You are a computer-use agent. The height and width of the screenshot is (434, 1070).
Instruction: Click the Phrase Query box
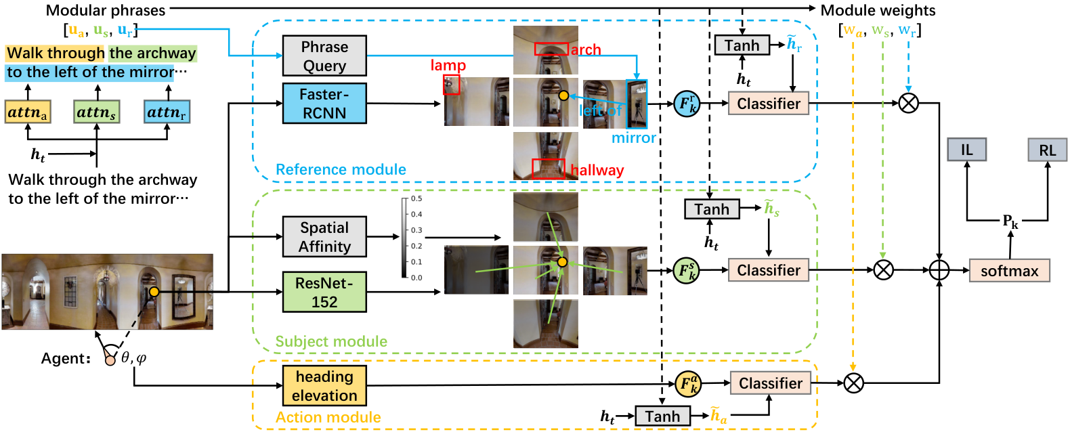[x=324, y=56]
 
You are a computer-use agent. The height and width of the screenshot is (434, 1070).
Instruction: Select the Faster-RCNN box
[x=324, y=104]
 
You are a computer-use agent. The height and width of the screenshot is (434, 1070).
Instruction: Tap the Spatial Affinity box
[x=324, y=237]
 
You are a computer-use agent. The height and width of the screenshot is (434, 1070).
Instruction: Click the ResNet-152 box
[x=324, y=292]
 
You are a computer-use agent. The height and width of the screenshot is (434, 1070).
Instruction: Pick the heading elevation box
[x=324, y=386]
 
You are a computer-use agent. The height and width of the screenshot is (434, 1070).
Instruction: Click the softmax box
[x=1009, y=271]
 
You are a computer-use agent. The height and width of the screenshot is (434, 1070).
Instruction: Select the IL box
[x=967, y=150]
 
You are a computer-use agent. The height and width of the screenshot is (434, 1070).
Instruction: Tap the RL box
[x=1048, y=150]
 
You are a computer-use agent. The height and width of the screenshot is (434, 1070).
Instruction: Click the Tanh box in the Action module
[x=662, y=416]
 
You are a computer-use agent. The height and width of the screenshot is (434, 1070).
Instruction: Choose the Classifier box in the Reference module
[x=769, y=103]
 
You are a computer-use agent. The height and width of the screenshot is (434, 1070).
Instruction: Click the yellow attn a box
[x=28, y=112]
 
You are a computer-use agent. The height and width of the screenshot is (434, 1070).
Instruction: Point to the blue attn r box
[x=167, y=112]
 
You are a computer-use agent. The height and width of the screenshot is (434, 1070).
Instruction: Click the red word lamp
[x=448, y=65]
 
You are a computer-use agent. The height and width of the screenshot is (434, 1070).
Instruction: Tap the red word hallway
[x=597, y=170]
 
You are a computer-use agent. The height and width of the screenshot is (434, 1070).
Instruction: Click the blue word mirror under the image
[x=634, y=137]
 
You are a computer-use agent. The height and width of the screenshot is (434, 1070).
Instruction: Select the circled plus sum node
[x=939, y=270]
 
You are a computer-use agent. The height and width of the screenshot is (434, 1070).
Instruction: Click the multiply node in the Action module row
[x=853, y=383]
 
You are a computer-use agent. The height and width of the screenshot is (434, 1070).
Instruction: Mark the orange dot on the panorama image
[x=154, y=291]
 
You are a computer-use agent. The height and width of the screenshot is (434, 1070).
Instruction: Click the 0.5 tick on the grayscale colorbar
[x=416, y=198]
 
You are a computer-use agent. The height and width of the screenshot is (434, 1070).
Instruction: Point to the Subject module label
[x=331, y=341]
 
